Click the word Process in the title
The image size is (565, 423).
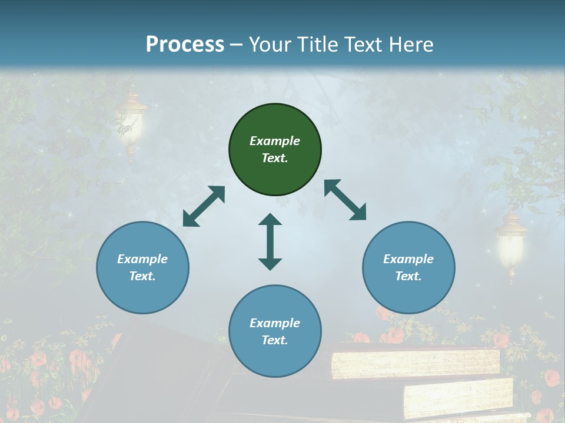click(185, 45)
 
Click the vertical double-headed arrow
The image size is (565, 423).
click(270, 241)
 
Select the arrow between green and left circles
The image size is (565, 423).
click(204, 206)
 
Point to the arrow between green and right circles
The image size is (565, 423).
click(345, 200)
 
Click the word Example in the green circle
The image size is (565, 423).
click(275, 141)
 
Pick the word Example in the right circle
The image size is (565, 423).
click(408, 259)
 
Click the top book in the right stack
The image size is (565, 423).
click(415, 364)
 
